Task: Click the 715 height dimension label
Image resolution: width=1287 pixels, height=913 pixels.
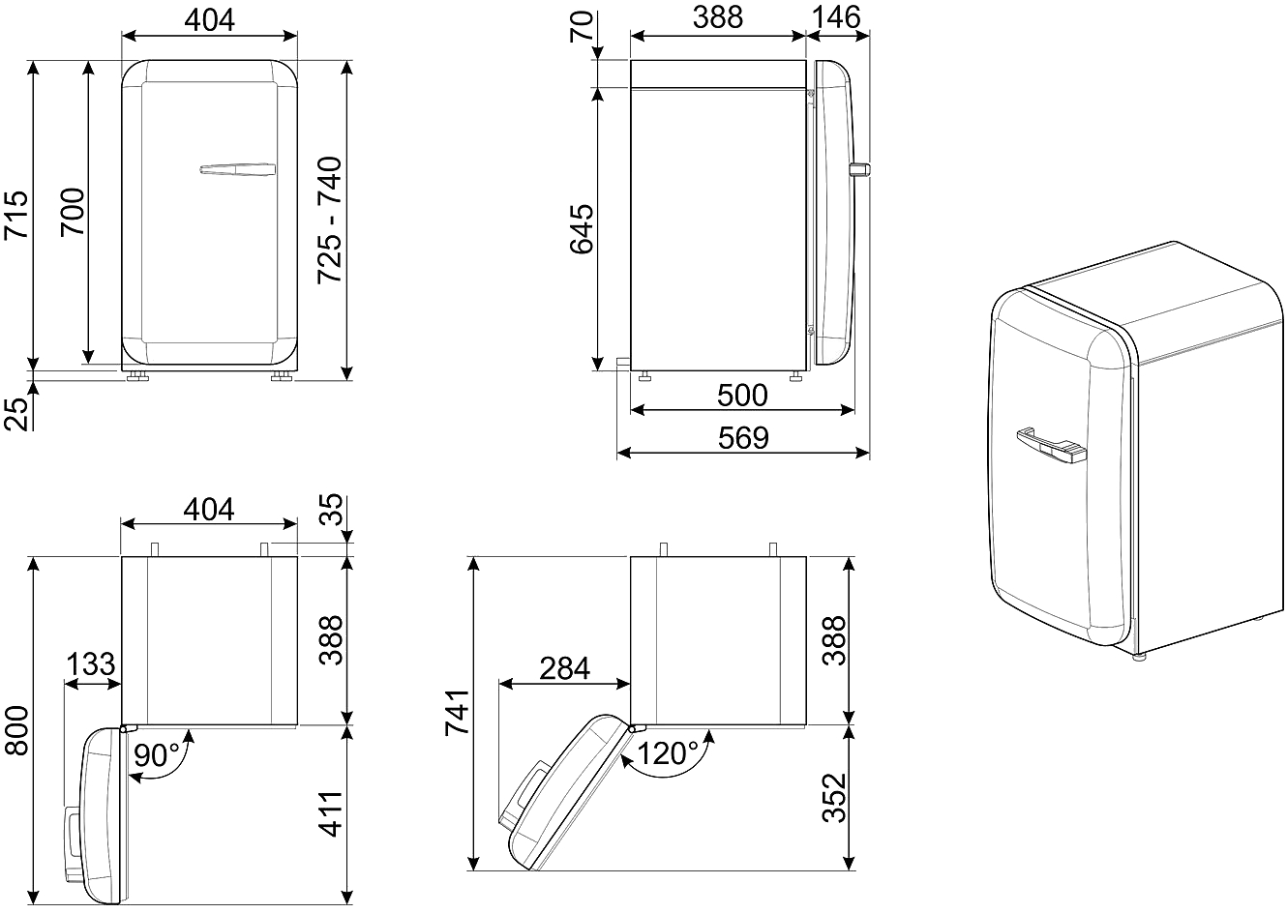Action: point(16,216)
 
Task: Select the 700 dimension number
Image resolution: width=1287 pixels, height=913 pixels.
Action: point(73,212)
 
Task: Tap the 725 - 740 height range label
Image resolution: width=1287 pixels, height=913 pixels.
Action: point(330,220)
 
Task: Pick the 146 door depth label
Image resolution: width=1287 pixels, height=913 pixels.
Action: point(836,17)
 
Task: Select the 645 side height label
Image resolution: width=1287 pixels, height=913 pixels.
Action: point(581,228)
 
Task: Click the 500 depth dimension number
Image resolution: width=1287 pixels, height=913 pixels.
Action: point(742,395)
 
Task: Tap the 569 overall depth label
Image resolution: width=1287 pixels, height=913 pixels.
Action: point(743,437)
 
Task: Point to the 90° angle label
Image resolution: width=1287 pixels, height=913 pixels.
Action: point(157,754)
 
